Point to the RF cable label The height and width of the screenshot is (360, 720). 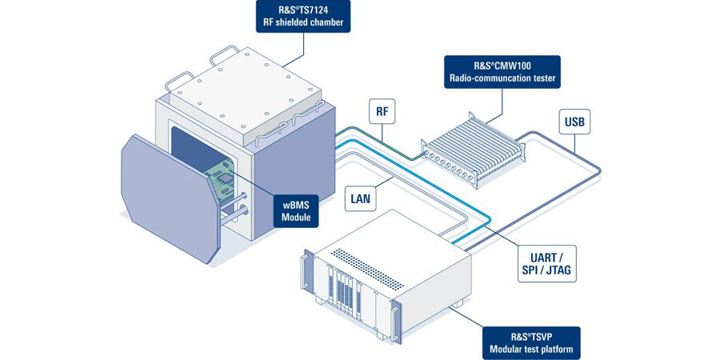pos(382,111)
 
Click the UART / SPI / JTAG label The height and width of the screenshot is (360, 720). pos(546,262)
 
